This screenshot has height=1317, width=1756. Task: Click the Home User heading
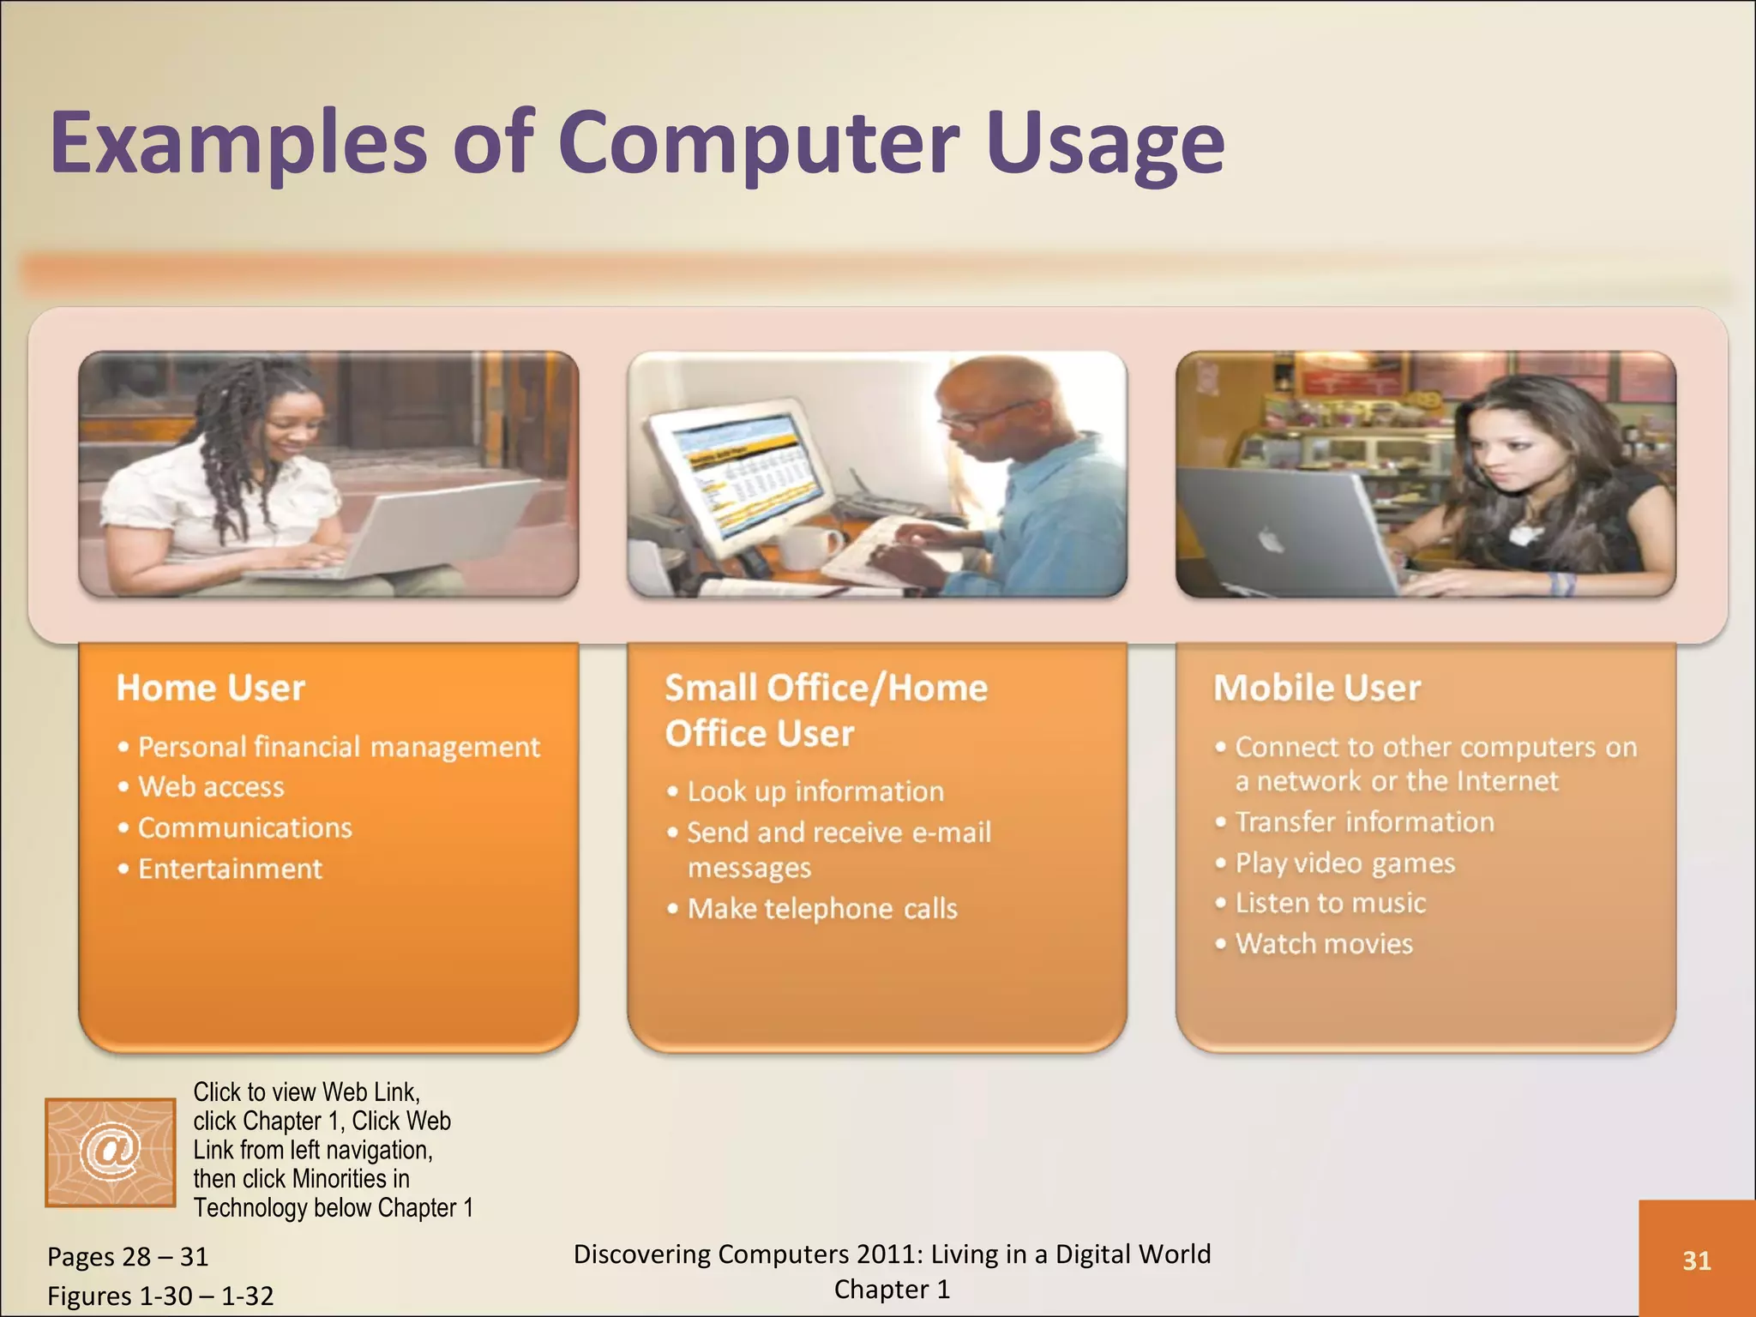pos(211,688)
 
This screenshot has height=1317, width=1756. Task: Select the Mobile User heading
pos(1317,688)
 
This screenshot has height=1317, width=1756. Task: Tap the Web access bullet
pos(211,787)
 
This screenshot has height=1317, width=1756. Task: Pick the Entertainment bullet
pos(230,869)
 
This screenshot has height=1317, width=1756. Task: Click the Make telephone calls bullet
pos(821,908)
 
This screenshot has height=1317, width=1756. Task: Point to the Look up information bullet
pos(815,791)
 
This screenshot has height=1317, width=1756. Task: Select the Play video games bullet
pos(1344,863)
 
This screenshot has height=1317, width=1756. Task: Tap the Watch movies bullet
pos(1324,944)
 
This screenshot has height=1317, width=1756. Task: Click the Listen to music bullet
pos(1330,903)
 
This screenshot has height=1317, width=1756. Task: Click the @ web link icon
pos(110,1152)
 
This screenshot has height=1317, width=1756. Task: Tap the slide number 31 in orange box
pos(1696,1260)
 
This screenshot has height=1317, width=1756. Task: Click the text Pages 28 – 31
pos(128,1257)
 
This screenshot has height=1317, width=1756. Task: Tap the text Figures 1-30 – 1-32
pos(160,1296)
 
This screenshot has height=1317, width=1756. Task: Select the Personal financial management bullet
pos(339,747)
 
